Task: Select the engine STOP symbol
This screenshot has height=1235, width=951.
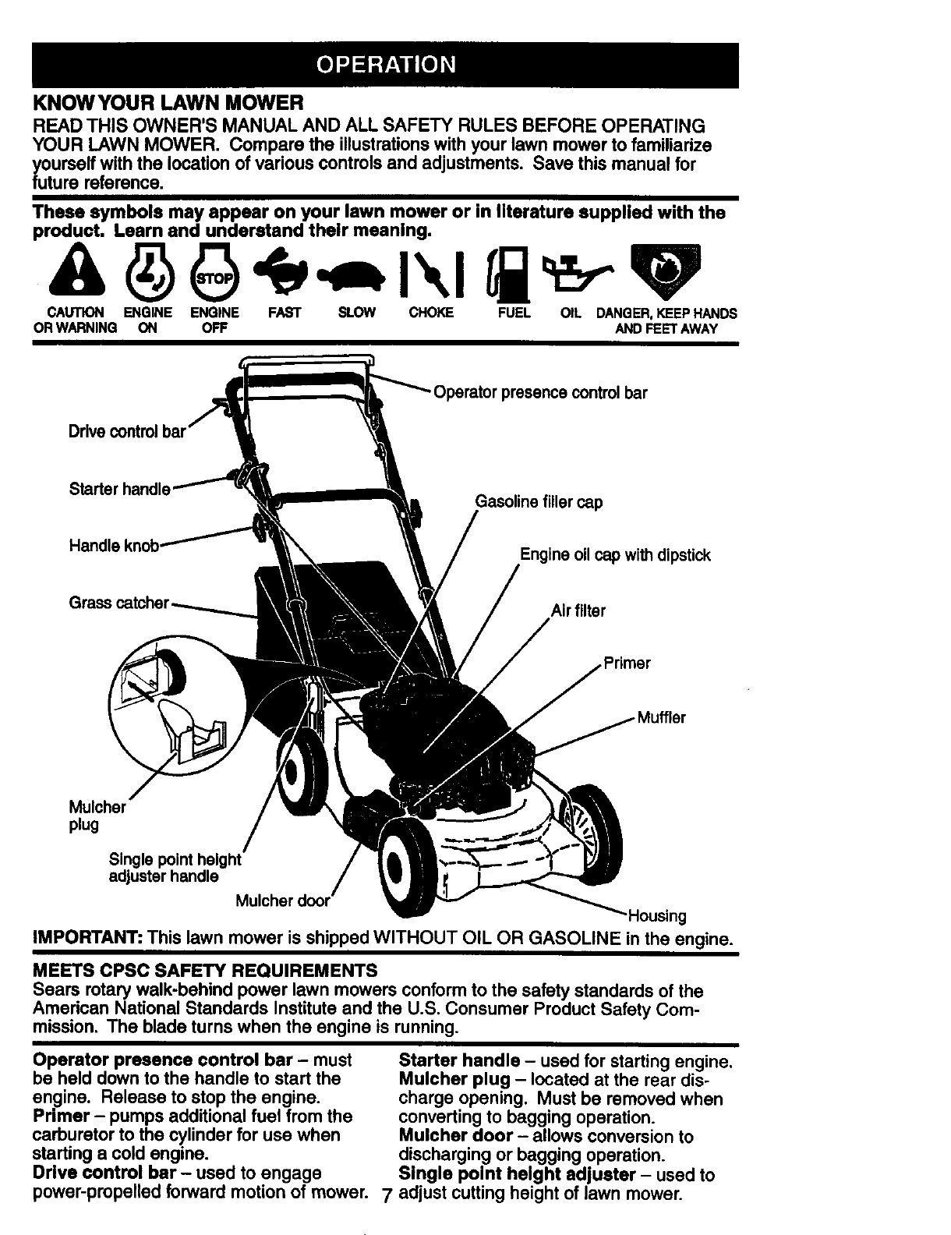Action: click(214, 273)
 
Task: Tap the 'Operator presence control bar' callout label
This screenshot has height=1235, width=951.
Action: click(540, 393)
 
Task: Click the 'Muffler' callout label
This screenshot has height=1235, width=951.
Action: click(661, 717)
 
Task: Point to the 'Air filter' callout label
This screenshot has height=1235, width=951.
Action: click(578, 611)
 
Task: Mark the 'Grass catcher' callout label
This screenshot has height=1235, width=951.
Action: click(119, 603)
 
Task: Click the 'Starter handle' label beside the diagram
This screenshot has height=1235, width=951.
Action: click(119, 490)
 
